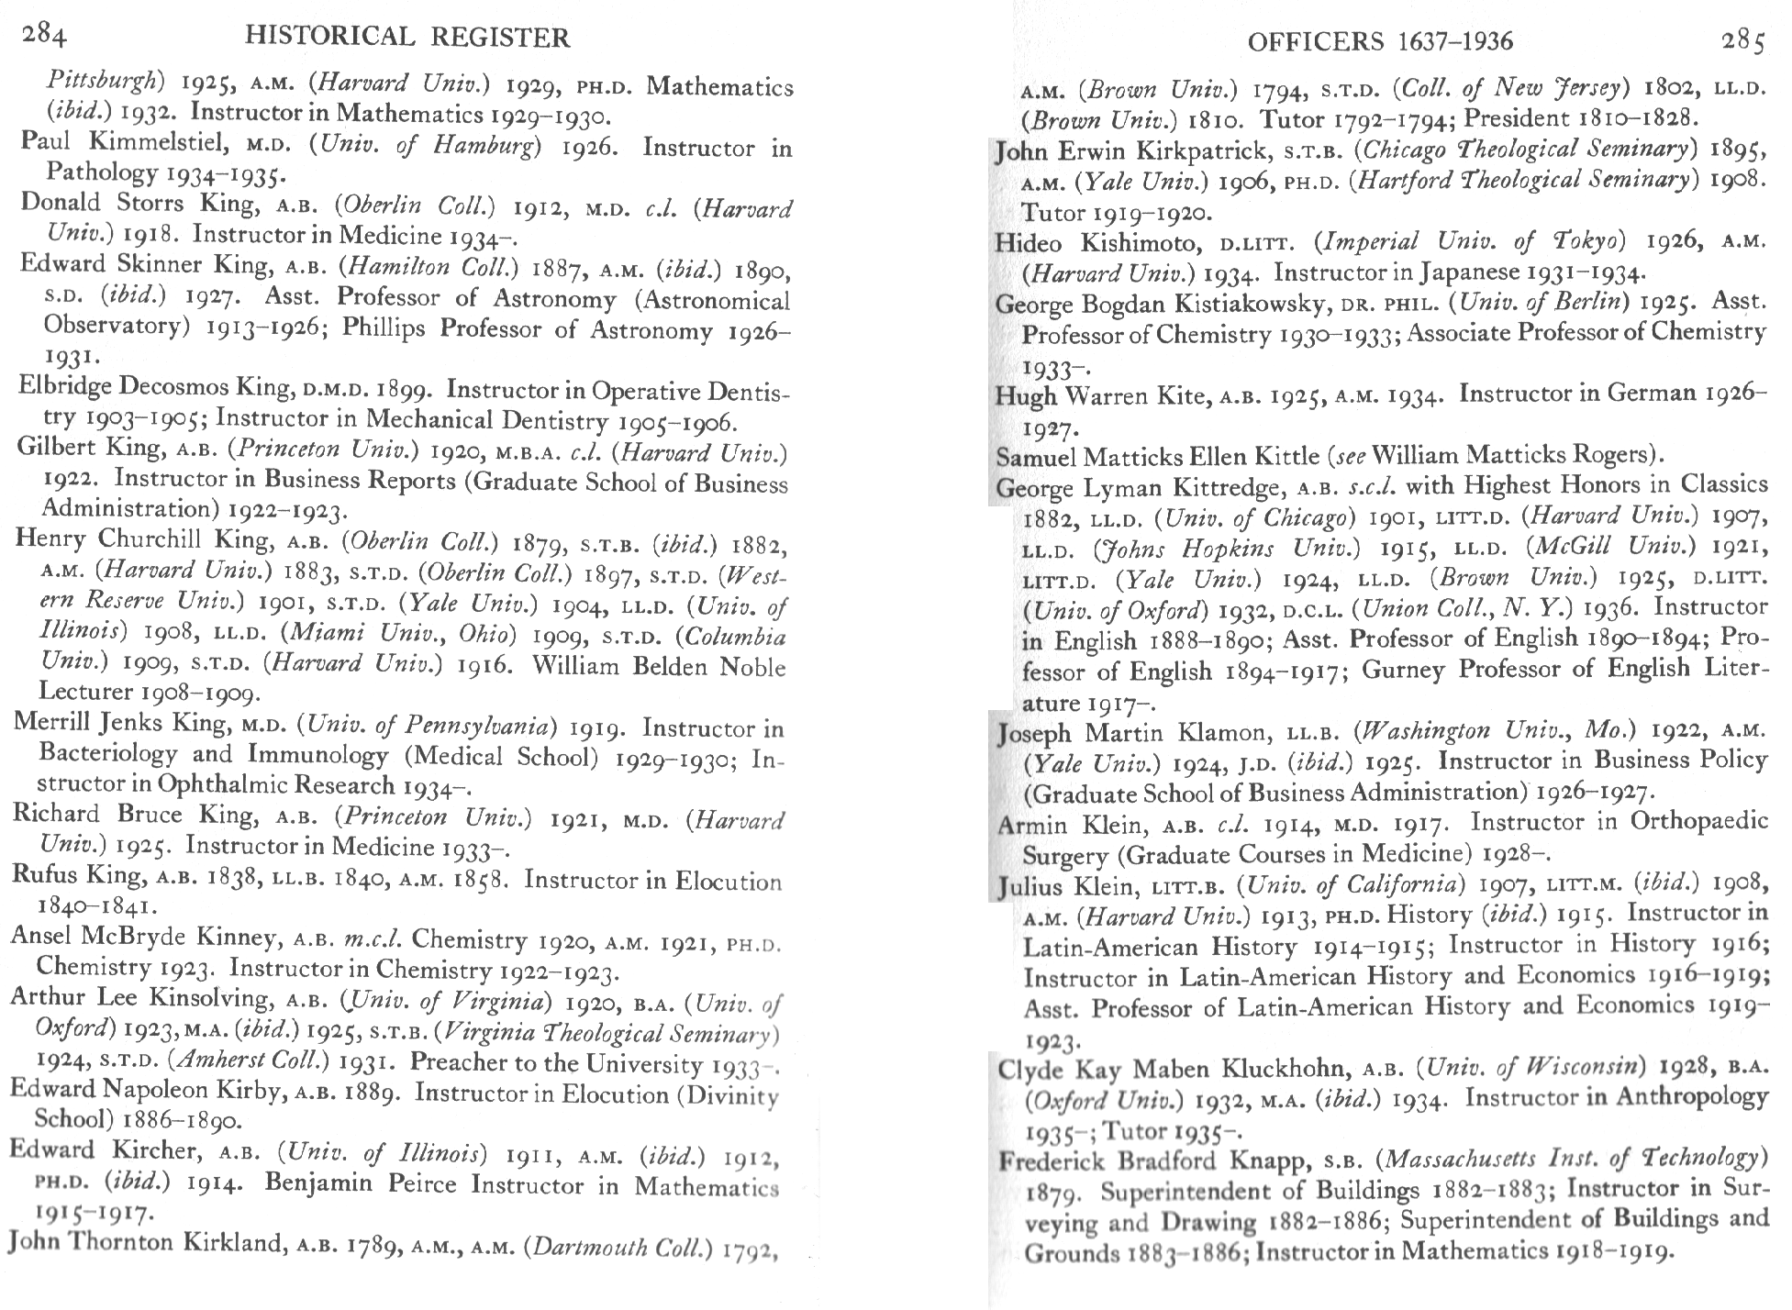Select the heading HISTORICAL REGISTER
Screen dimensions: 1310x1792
pos(408,37)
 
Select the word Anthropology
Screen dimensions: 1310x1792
pos(1691,1097)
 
